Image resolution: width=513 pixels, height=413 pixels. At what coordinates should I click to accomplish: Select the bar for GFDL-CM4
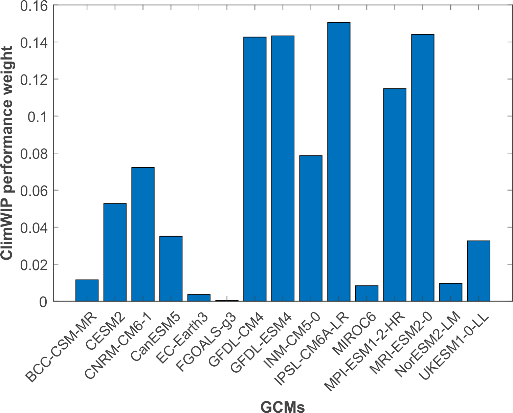tap(255, 169)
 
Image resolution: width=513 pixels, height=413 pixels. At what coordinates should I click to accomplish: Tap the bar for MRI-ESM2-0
tap(423, 168)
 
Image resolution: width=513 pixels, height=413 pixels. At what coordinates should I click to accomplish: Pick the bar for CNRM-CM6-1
tap(143, 234)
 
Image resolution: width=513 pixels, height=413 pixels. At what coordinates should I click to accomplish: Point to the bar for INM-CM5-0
tap(311, 229)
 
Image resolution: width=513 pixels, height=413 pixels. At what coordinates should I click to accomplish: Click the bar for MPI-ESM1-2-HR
tap(395, 195)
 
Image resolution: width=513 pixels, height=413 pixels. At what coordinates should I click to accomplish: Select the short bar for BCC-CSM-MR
tap(87, 290)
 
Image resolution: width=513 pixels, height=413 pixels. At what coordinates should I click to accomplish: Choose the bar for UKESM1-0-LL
tap(478, 271)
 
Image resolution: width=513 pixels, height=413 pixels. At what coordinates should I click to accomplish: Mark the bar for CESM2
tap(115, 252)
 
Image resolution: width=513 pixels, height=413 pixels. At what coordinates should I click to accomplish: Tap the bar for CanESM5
tap(171, 268)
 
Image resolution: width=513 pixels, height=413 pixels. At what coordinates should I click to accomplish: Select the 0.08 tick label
tap(34, 153)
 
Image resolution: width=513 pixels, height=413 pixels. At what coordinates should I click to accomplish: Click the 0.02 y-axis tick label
tap(34, 264)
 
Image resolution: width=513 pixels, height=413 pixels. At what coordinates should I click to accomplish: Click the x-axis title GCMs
tap(283, 406)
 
